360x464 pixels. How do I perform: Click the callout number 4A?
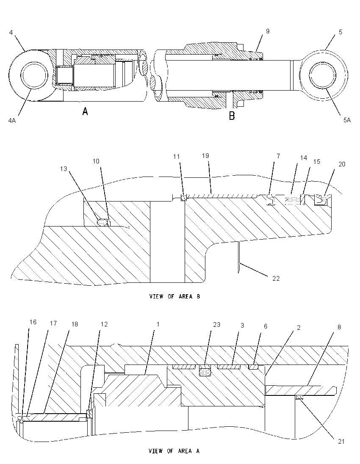12,120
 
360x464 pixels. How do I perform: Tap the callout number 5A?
347,120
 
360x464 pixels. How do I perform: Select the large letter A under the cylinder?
85,111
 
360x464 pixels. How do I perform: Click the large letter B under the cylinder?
232,116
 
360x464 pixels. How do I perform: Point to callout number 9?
268,31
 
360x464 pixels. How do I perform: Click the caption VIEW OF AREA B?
174,296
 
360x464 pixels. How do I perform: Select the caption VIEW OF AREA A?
174,451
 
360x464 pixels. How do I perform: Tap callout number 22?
276,278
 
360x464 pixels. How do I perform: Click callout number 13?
64,168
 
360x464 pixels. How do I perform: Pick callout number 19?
205,156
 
